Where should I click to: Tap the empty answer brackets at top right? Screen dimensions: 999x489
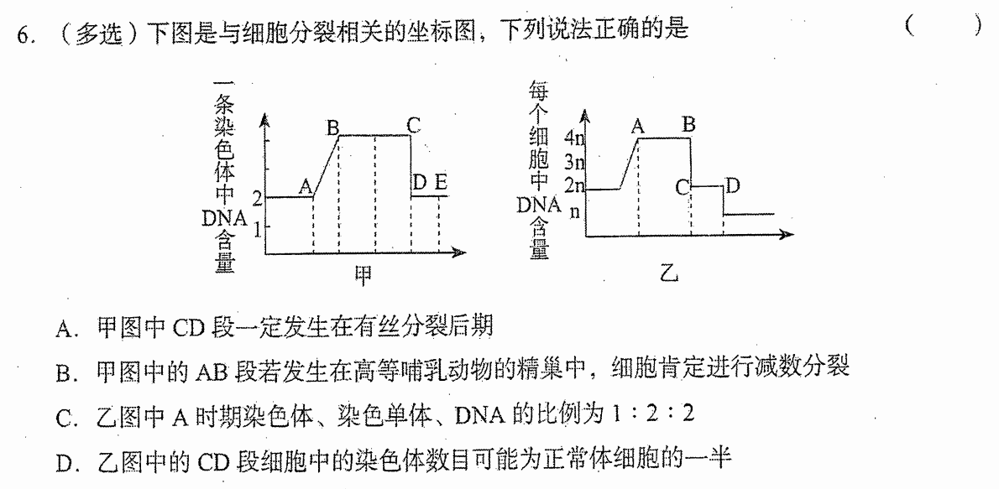943,26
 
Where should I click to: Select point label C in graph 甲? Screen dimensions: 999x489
414,126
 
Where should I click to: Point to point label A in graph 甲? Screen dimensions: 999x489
306,186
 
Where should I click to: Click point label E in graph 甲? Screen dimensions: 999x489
441,184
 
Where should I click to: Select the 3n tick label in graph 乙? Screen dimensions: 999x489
575,162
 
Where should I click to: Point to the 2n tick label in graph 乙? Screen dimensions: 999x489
575,186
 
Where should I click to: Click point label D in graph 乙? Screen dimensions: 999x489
733,186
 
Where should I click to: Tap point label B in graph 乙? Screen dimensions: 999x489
688,125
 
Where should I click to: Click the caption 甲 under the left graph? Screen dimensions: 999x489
364,273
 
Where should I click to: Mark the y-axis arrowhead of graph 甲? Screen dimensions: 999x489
265,121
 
